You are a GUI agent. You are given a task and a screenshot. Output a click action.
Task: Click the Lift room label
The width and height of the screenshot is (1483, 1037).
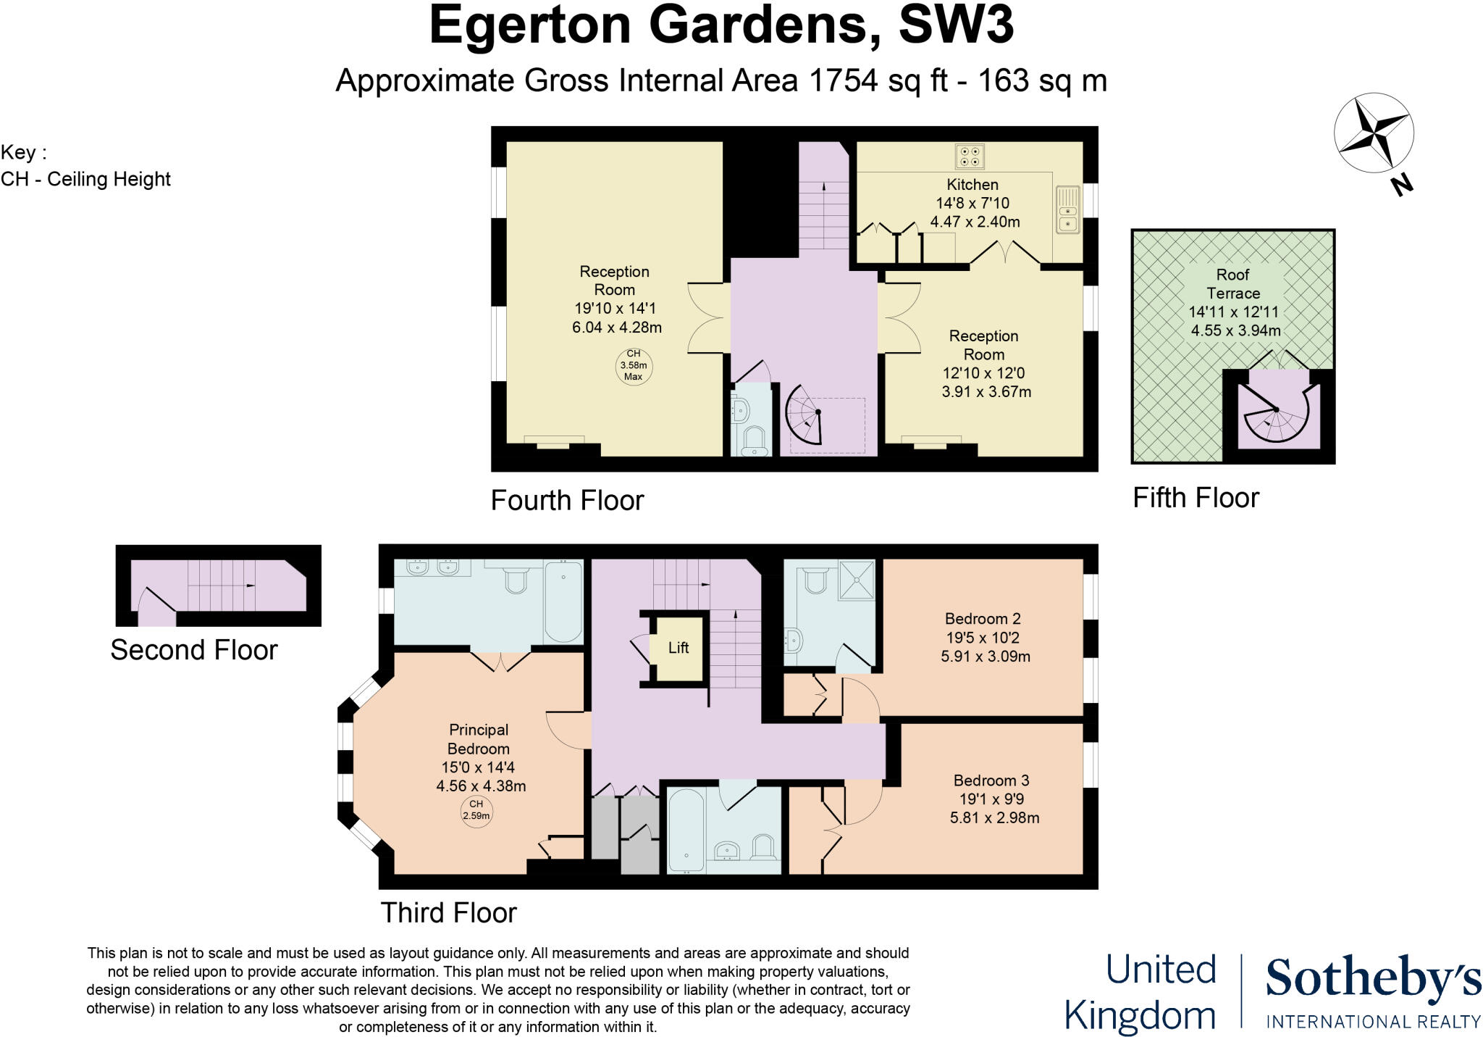click(x=679, y=648)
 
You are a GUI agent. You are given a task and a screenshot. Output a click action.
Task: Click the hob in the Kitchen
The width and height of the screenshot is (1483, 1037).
click(x=970, y=156)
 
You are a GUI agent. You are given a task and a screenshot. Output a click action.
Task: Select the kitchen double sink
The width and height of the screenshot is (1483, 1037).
click(x=1067, y=210)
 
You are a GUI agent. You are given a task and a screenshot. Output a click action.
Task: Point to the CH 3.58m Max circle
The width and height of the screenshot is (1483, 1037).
click(x=634, y=365)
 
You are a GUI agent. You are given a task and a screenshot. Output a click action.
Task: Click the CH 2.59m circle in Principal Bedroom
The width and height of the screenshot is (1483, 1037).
click(x=476, y=809)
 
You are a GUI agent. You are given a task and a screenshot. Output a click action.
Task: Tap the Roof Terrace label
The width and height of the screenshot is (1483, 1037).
click(x=1233, y=284)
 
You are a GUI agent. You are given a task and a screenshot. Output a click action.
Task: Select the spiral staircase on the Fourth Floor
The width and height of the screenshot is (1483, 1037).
click(x=806, y=415)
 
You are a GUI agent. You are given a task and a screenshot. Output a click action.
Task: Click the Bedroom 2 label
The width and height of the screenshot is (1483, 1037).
click(x=983, y=619)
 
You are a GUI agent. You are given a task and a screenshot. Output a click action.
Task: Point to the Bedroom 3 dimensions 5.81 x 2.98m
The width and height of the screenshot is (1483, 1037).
click(x=994, y=818)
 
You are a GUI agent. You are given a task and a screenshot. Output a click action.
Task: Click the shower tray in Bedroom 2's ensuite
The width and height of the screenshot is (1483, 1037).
click(x=857, y=579)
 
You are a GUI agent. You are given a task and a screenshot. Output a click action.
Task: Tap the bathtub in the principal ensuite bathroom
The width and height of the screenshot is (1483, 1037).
click(x=563, y=601)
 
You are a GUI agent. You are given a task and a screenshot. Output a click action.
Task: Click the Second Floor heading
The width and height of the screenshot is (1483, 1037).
click(x=193, y=650)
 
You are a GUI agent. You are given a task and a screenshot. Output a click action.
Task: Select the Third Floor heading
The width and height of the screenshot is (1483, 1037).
click(x=448, y=912)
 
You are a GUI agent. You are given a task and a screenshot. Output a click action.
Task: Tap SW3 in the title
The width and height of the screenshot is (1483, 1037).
click(x=955, y=25)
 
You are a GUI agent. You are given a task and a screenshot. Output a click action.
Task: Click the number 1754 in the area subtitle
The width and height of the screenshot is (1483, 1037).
click(x=844, y=80)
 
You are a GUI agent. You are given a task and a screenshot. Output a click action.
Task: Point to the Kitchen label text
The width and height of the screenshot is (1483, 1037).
click(x=972, y=185)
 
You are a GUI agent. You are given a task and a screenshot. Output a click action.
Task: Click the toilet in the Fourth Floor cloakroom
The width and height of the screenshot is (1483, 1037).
click(x=754, y=441)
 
